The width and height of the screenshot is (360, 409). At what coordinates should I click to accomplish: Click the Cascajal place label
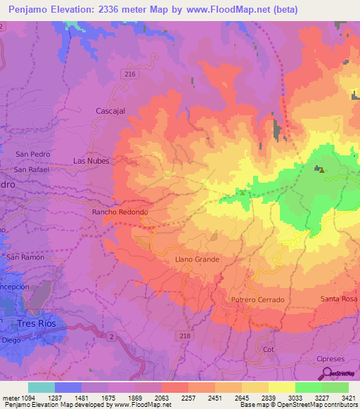click(110, 110)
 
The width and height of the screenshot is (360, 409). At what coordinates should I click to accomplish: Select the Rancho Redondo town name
click(120, 212)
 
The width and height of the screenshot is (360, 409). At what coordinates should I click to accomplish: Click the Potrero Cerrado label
click(257, 300)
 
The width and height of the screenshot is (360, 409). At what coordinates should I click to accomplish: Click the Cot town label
click(267, 349)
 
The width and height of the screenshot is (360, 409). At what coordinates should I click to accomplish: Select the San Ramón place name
click(25, 258)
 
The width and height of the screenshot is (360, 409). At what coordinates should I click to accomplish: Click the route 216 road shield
click(130, 74)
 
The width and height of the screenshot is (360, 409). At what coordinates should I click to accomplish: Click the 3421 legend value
click(348, 398)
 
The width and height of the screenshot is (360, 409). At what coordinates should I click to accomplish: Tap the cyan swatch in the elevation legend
click(41, 387)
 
